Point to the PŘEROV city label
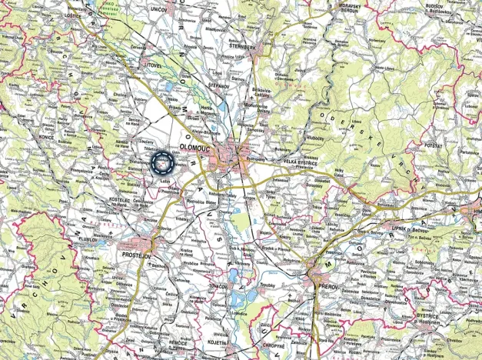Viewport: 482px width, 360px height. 327,285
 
